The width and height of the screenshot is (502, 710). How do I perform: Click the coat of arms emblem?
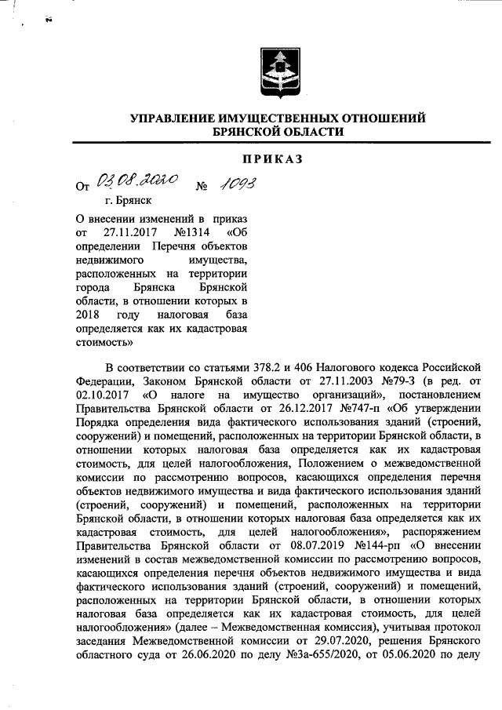[x=276, y=72]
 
